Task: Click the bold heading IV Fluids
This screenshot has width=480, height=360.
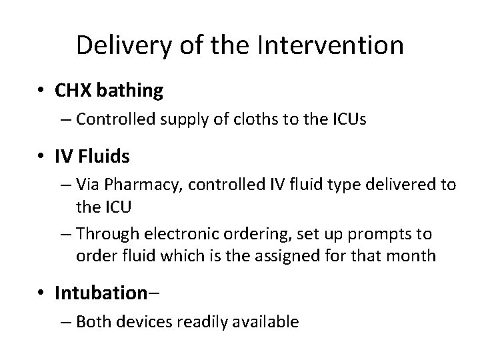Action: coord(92,157)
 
